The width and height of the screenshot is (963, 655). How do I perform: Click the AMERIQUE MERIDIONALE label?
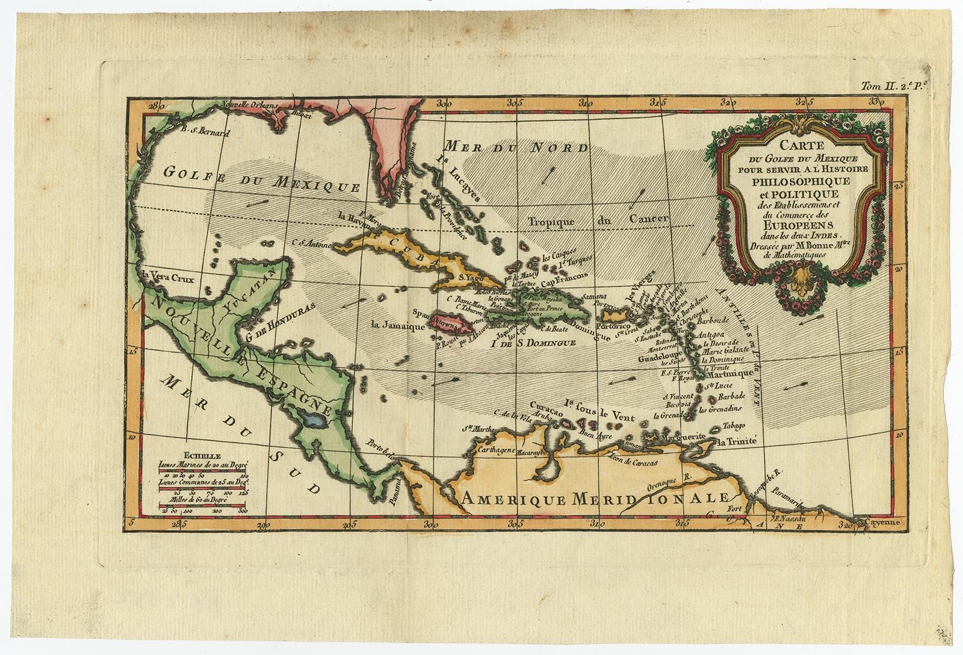click(x=593, y=498)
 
